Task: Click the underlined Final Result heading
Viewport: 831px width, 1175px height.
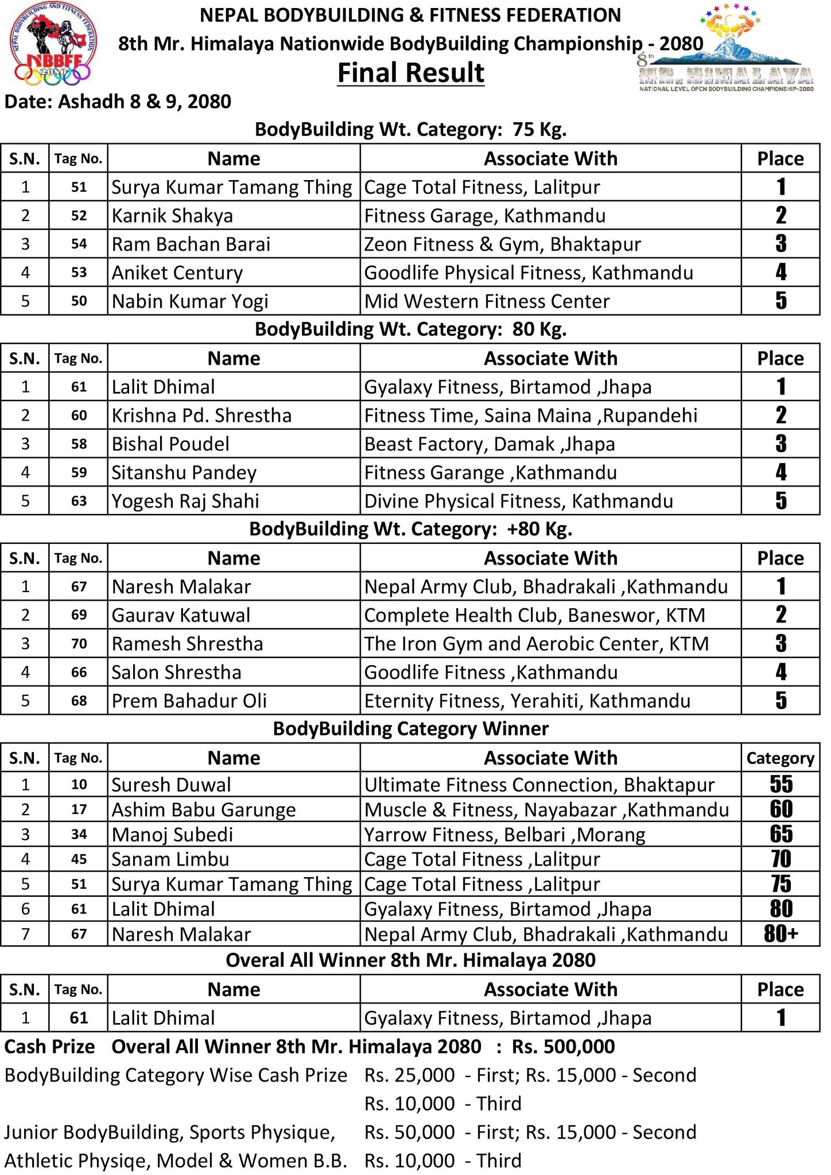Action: pos(410,73)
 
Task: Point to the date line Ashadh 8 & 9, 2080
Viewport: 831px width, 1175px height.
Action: pos(118,102)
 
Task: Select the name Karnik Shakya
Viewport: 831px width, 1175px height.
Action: pos(172,216)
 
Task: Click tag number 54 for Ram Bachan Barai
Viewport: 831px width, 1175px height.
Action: pos(79,244)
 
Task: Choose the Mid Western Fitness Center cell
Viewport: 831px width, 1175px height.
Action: pos(487,301)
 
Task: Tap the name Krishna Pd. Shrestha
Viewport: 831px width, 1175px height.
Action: pos(201,415)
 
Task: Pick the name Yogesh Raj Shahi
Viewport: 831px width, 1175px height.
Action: pos(185,501)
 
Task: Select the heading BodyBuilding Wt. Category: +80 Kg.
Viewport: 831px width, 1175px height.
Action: pos(410,529)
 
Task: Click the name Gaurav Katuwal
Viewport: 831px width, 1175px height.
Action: pos(181,615)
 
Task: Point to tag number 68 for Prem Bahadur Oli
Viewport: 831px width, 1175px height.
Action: pos(79,701)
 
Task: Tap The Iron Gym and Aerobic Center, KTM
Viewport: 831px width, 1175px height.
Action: pos(536,644)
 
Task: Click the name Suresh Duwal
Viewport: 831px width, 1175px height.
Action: pos(171,784)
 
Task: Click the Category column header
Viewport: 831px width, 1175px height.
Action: pos(780,758)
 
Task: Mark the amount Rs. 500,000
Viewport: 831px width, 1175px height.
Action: pos(563,1047)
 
